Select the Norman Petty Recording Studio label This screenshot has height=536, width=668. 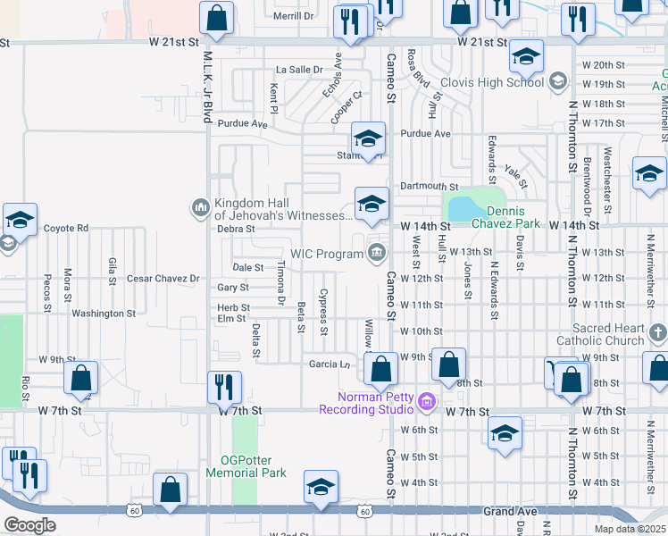367,403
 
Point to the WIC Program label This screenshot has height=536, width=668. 327,255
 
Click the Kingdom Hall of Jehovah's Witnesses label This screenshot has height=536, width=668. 283,208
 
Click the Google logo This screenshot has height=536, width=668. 29,525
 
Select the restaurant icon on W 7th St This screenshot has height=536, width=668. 224,388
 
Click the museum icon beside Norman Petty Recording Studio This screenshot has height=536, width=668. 427,403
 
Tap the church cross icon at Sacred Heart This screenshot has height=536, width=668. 658,333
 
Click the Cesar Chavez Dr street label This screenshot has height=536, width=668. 163,279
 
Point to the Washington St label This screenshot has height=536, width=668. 104,314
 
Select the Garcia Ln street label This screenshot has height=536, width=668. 330,364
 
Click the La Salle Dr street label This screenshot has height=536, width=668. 298,69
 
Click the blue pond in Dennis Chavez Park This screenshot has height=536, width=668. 465,209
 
